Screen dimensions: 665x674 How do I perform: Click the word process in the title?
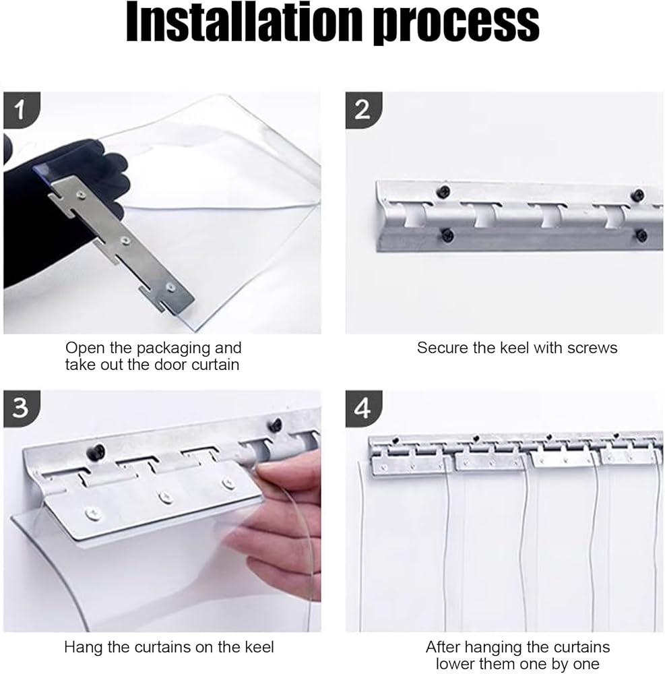click(x=455, y=25)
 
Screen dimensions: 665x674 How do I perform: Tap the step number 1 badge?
click(x=22, y=110)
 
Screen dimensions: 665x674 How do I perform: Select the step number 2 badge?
click(x=363, y=110)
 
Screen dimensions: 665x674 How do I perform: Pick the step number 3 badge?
click(x=22, y=409)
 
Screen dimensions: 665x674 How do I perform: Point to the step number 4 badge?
click(x=363, y=409)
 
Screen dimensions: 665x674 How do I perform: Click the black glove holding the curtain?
click(x=60, y=215)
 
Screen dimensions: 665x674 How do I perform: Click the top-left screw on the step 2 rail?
click(x=443, y=191)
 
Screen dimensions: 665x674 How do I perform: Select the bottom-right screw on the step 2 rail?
click(x=641, y=235)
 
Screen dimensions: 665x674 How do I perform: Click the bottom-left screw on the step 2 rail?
click(x=447, y=235)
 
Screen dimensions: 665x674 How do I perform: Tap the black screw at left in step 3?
click(x=96, y=452)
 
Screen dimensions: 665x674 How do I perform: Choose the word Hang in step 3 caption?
click(x=82, y=648)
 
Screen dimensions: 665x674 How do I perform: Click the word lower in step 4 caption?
click(x=457, y=664)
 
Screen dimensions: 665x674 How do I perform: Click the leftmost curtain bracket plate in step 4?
click(x=406, y=466)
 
